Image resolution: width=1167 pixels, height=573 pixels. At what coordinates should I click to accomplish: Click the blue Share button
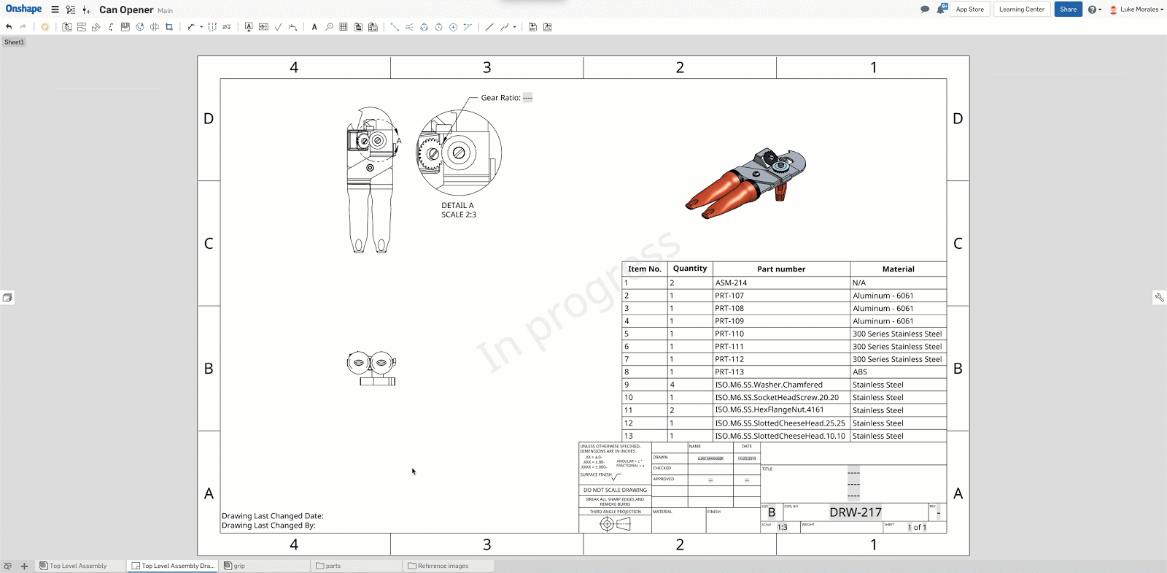click(1068, 9)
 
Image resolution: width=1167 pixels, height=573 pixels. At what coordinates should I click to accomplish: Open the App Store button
click(969, 9)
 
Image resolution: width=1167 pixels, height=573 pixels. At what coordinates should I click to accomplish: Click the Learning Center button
click(1021, 9)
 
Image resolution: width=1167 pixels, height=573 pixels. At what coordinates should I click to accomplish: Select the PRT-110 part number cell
click(729, 334)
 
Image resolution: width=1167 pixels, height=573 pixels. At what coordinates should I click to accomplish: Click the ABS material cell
click(860, 372)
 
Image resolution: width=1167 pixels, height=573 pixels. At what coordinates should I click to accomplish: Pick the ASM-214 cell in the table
click(731, 282)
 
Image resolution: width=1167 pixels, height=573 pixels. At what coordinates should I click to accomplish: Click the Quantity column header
click(689, 269)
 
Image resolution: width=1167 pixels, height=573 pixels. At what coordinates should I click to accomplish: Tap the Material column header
click(898, 269)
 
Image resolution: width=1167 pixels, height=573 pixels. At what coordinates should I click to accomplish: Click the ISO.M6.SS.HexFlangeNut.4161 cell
click(769, 410)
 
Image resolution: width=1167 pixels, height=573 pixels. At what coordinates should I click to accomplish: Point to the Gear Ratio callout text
click(501, 98)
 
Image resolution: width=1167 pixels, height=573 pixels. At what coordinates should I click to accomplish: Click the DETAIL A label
click(457, 206)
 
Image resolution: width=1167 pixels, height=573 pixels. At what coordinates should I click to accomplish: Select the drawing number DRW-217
click(855, 512)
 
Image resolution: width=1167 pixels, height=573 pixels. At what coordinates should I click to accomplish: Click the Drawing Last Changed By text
click(268, 526)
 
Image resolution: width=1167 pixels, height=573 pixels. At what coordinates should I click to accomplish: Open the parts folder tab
click(333, 566)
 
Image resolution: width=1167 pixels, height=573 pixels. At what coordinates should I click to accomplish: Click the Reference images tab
click(443, 566)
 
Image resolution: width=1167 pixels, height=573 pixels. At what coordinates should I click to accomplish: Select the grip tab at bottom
click(239, 566)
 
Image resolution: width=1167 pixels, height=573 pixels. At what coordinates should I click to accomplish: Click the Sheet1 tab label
click(14, 42)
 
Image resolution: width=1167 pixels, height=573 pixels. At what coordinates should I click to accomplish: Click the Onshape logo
click(23, 9)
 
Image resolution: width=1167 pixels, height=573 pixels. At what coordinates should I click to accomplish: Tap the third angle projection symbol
click(615, 524)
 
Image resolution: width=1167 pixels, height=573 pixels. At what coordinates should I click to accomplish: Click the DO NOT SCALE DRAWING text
click(615, 491)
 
